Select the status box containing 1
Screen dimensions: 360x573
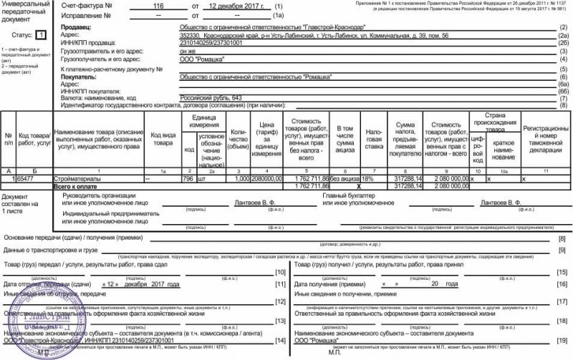[x=41, y=34]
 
